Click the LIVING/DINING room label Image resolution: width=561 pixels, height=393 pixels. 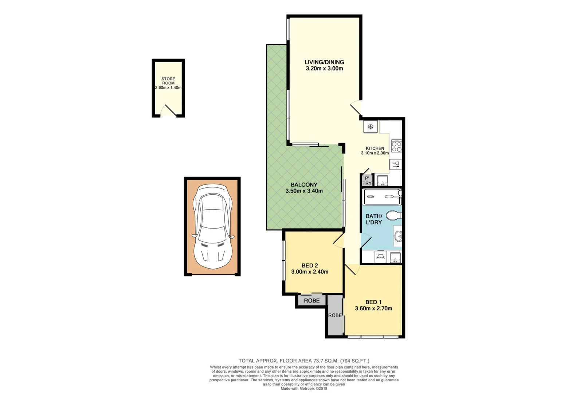click(324, 62)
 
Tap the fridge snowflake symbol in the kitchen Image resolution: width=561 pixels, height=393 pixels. click(370, 127)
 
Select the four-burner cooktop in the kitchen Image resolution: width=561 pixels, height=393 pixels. click(396, 146)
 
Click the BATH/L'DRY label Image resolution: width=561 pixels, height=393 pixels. click(374, 219)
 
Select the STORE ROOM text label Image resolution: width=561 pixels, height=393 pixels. click(168, 81)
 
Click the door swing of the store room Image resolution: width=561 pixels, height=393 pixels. click(168, 110)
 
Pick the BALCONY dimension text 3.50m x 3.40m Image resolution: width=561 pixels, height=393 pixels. click(304, 191)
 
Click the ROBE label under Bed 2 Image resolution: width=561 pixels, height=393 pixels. click(311, 301)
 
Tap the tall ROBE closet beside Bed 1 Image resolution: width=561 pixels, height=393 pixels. click(335, 315)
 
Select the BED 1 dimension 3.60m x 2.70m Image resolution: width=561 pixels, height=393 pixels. click(373, 308)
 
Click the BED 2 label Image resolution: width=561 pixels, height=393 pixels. click(310, 265)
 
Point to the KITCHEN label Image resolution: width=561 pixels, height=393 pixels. click(375, 148)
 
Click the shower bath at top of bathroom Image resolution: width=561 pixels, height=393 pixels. click(382, 197)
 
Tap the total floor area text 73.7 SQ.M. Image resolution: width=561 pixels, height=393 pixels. click(304, 361)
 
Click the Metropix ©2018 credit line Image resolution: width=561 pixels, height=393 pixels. click(304, 388)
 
